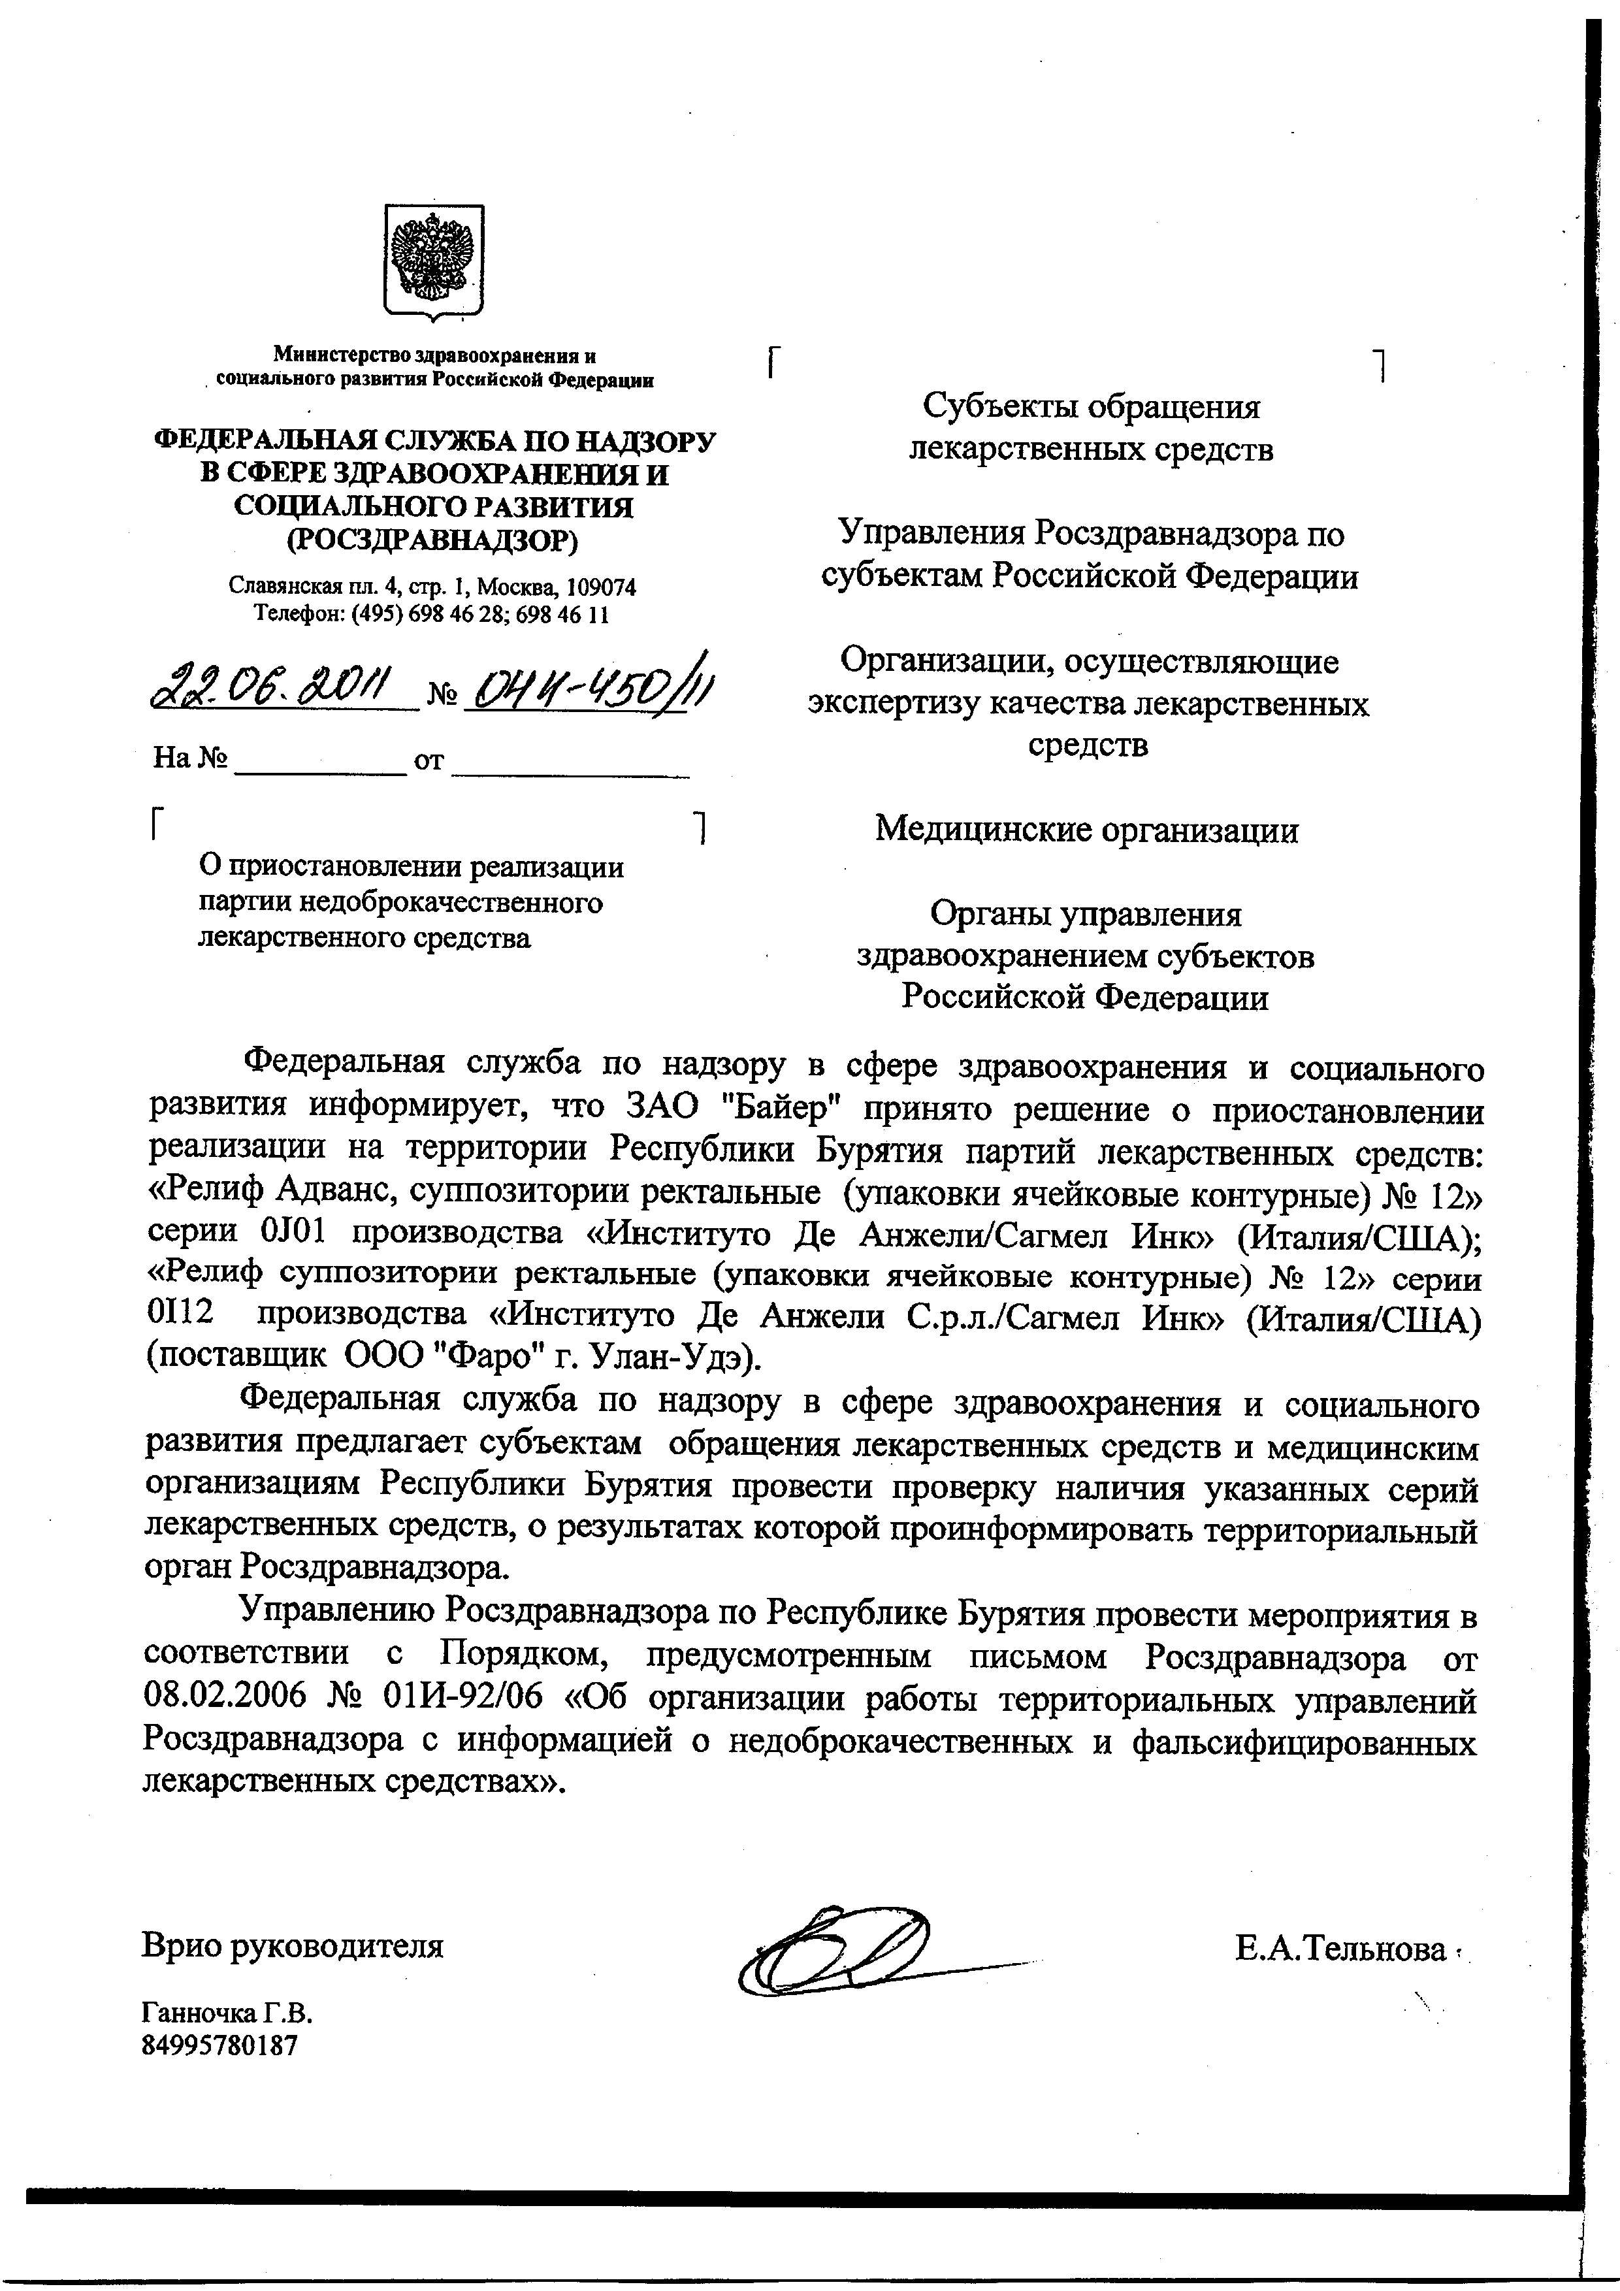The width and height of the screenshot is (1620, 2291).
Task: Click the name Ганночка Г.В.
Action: tap(220, 2011)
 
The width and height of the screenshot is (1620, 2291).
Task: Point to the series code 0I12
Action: tap(180, 1316)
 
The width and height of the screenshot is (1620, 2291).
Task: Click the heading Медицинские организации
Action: tap(1086, 829)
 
